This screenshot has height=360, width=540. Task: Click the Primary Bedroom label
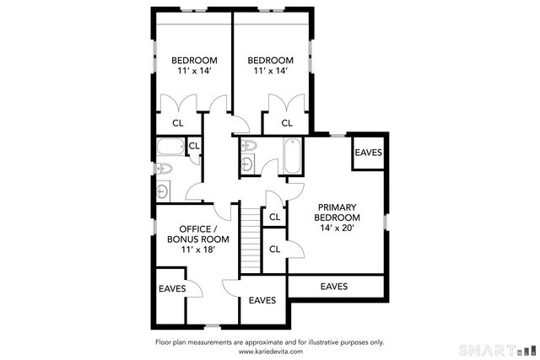tap(337, 212)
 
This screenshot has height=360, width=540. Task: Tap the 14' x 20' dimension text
tap(337, 228)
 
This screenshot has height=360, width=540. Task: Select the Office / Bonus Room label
tap(198, 234)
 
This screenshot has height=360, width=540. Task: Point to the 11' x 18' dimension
tap(198, 250)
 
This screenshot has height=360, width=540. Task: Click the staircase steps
tap(251, 240)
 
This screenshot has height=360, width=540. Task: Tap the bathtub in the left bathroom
tap(170, 147)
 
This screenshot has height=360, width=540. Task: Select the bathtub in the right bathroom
tap(293, 156)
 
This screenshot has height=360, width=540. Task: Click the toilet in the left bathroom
tap(163, 169)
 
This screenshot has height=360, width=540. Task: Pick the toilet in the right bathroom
tap(249, 145)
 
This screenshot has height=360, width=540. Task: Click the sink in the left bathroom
tap(163, 191)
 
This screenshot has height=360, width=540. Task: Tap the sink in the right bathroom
tap(247, 163)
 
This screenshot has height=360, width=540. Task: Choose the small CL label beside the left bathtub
tap(194, 146)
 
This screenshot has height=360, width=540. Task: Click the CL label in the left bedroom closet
tap(178, 123)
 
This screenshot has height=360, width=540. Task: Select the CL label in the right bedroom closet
tap(287, 123)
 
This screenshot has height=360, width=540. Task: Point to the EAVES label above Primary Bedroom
tap(369, 153)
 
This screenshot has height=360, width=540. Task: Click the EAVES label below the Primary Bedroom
tap(334, 287)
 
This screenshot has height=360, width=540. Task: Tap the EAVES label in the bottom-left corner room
tap(172, 288)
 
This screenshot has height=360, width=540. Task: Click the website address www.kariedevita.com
tap(271, 352)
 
